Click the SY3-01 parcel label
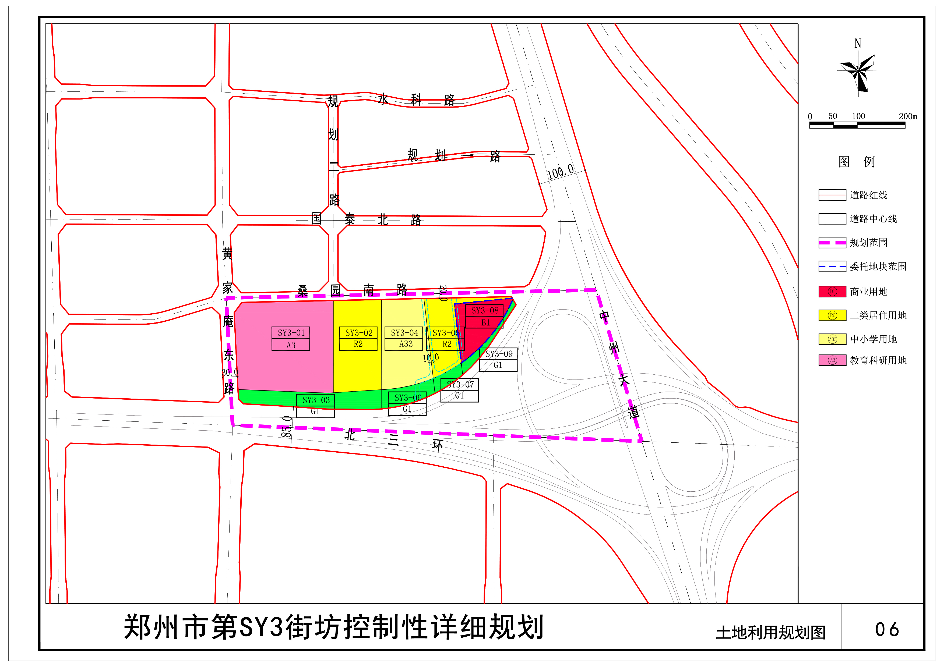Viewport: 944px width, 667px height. [291, 339]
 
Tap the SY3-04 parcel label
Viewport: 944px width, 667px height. [404, 339]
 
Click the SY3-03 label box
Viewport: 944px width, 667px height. [315, 406]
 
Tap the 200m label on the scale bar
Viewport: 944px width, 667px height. [907, 116]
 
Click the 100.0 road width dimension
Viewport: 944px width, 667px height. [560, 172]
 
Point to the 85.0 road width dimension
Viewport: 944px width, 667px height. [287, 427]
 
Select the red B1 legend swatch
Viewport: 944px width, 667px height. [832, 291]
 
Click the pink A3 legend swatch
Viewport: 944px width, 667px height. [832, 360]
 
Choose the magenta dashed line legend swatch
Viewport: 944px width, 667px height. [832, 243]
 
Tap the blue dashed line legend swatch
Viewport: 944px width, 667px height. [832, 266]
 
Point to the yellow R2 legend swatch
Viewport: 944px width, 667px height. [832, 315]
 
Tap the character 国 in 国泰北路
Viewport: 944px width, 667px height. [316, 218]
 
